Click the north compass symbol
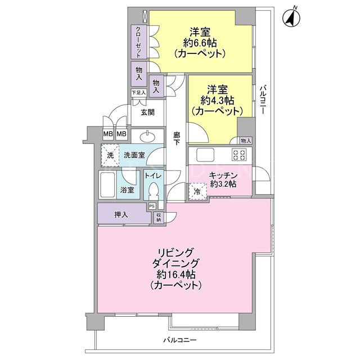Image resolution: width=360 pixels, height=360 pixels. (x=291, y=17)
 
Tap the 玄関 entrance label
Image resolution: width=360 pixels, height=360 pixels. (x=147, y=112)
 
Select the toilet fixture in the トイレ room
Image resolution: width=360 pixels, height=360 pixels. (x=154, y=191)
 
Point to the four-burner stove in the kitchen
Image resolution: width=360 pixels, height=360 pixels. (x=239, y=154)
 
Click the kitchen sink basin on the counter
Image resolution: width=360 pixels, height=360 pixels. (x=205, y=155)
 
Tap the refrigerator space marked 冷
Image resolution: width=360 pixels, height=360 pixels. (x=197, y=191)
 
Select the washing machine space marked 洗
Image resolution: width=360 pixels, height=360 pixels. (x=110, y=155)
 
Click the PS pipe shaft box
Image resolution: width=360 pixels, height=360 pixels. (x=152, y=206)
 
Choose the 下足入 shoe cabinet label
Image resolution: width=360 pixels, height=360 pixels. (x=139, y=93)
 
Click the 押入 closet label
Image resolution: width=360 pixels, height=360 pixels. (x=121, y=215)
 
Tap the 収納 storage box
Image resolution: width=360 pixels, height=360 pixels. (x=159, y=218)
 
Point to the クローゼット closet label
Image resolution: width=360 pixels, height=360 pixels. (x=138, y=42)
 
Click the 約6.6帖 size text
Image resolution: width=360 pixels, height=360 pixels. (x=200, y=43)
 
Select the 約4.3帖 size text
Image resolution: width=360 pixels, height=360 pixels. (x=218, y=100)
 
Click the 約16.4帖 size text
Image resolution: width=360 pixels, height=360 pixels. (x=176, y=274)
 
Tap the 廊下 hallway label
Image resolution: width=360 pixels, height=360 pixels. (x=177, y=138)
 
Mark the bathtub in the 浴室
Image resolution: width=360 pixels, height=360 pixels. (x=107, y=185)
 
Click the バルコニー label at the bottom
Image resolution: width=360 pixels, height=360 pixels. (x=180, y=340)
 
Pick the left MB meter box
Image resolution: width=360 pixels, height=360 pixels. (x=108, y=133)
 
